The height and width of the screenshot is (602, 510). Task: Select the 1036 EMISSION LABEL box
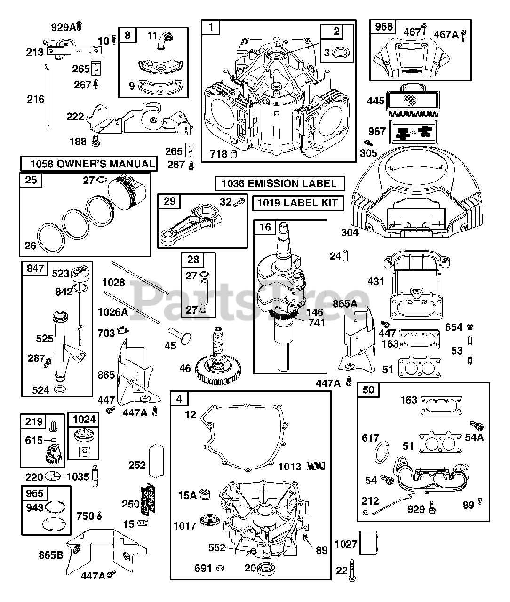[x=279, y=183]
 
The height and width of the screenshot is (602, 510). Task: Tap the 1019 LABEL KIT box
[x=298, y=203]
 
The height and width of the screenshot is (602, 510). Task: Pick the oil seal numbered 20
[x=265, y=568]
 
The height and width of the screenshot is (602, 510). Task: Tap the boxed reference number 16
[x=265, y=227]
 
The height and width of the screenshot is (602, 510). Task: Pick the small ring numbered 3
[x=342, y=52]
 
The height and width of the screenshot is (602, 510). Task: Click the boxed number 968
[x=383, y=27]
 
